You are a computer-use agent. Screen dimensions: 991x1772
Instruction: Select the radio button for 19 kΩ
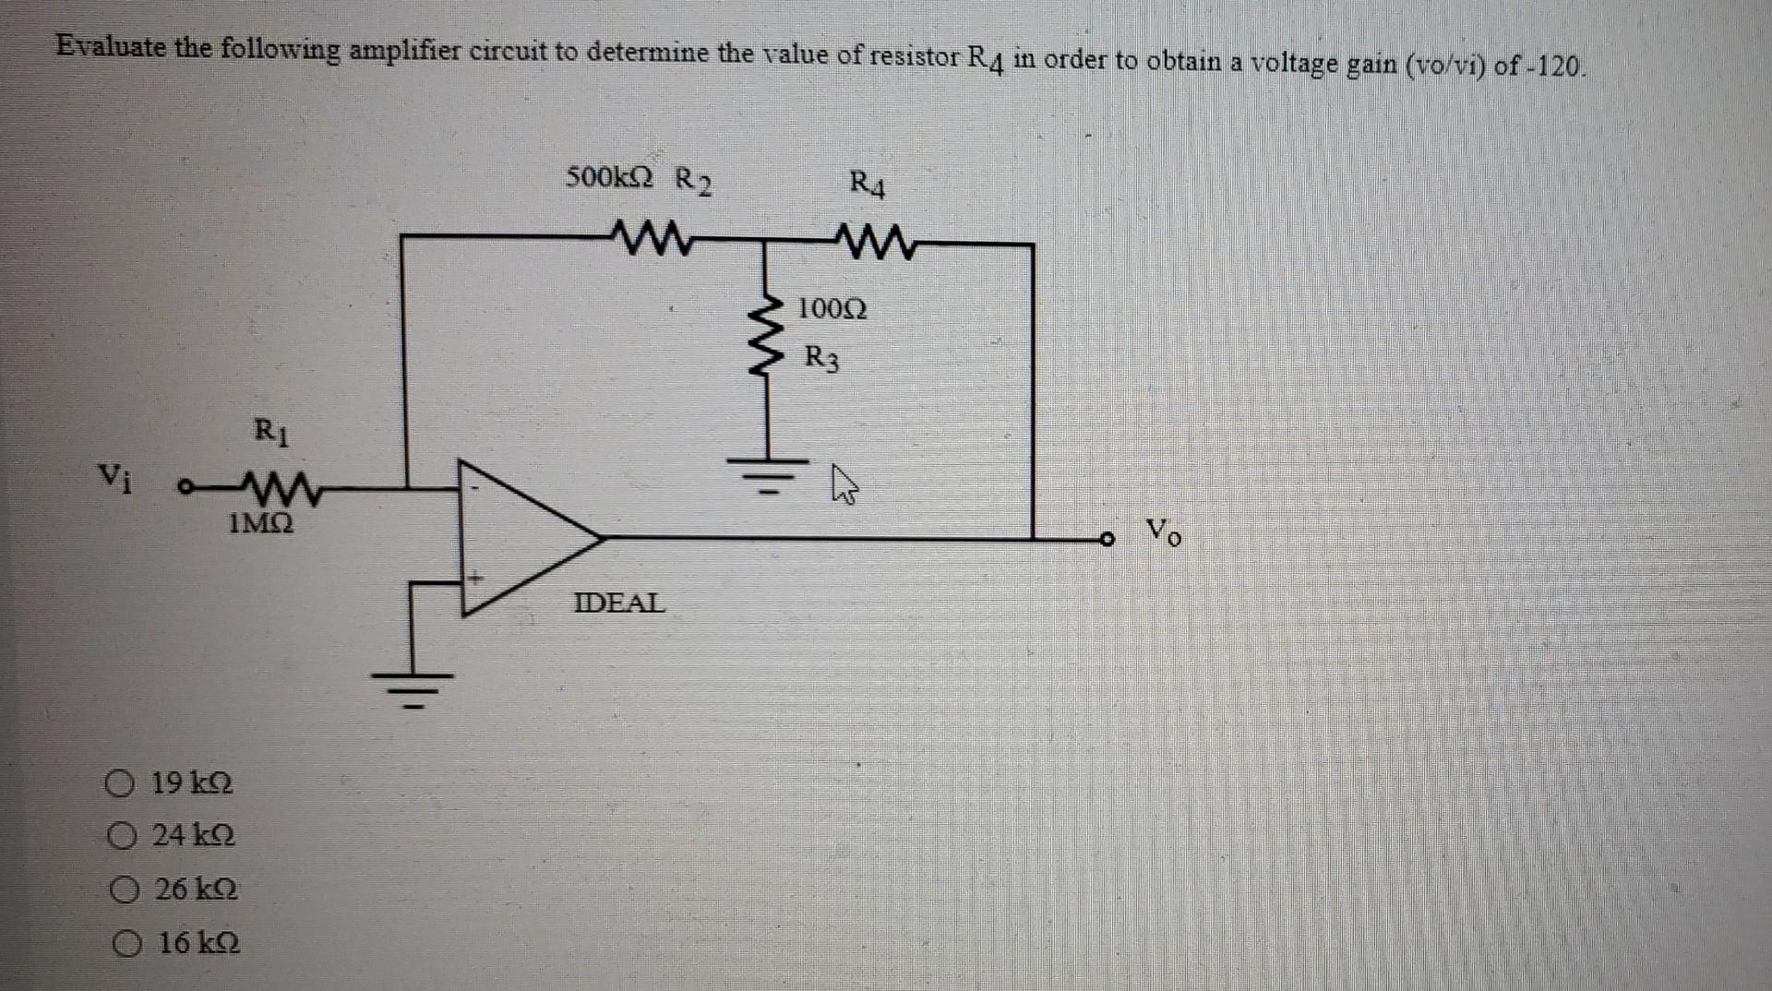pyautogui.click(x=120, y=785)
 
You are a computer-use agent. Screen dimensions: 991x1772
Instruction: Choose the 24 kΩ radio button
pyautogui.click(x=122, y=837)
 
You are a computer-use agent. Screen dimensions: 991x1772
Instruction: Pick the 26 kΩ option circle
pyautogui.click(x=125, y=890)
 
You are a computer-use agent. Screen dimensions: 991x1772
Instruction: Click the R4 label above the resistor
pyautogui.click(x=868, y=185)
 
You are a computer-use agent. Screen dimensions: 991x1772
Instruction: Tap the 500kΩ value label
pyautogui.click(x=609, y=176)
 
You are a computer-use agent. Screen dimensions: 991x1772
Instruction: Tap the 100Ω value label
pyautogui.click(x=832, y=308)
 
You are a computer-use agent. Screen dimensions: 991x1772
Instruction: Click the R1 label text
pyautogui.click(x=270, y=431)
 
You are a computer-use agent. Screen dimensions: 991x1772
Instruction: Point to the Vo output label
pyautogui.click(x=1162, y=531)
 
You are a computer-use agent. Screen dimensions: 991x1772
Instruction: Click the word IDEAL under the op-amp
pyautogui.click(x=618, y=603)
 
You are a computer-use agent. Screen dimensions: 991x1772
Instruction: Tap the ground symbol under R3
pyautogui.click(x=769, y=472)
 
